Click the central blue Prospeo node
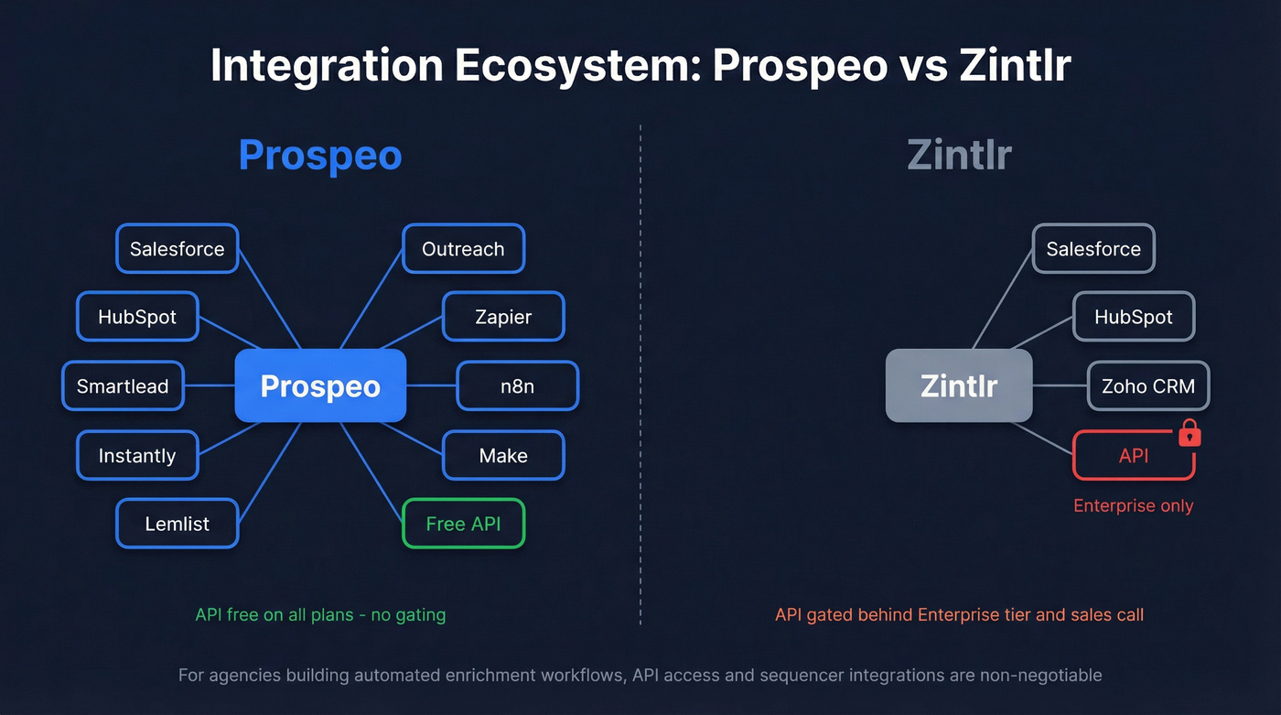click(320, 385)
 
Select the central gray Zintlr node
click(959, 385)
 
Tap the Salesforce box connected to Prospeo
click(177, 248)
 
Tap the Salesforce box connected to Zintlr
click(1093, 248)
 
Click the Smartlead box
click(123, 385)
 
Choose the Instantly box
click(137, 455)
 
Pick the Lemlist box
click(177, 524)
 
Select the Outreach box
click(463, 248)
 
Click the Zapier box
click(503, 317)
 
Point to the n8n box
click(517, 385)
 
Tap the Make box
click(503, 455)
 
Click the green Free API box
click(463, 524)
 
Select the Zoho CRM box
click(1147, 385)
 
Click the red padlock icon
click(1189, 433)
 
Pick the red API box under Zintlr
click(1133, 455)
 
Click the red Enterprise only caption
click(1133, 505)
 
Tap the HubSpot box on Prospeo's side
click(137, 317)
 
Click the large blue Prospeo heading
click(320, 155)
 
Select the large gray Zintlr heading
click(959, 155)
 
